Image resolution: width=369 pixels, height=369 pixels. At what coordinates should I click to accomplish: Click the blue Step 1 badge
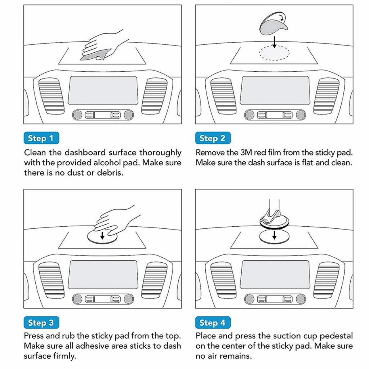click(x=41, y=138)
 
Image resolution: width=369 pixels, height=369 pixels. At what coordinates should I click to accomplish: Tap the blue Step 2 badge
click(x=213, y=138)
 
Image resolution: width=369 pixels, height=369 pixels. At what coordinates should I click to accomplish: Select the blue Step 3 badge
click(x=41, y=323)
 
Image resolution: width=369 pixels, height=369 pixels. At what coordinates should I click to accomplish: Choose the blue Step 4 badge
click(x=213, y=323)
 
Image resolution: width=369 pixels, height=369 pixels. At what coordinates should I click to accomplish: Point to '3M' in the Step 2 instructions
click(x=246, y=153)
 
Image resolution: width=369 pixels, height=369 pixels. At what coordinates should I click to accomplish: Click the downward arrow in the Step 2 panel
click(x=274, y=42)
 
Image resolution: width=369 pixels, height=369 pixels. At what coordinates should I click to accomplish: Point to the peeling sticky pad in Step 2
click(x=273, y=23)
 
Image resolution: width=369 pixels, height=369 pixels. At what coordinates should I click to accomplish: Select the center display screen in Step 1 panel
click(x=103, y=90)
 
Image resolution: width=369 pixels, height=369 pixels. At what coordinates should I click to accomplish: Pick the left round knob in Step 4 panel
click(x=249, y=299)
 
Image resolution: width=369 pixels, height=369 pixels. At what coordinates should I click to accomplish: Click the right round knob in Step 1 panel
click(x=129, y=115)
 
